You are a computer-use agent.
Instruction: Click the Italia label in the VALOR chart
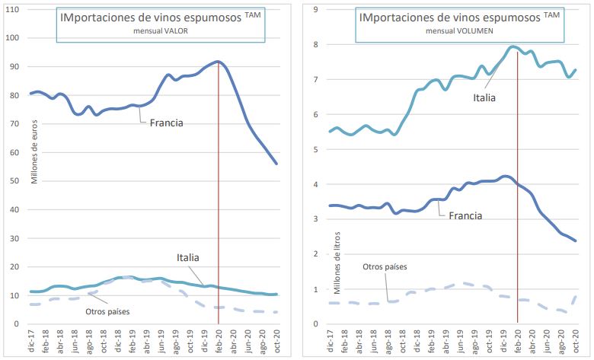(x=190, y=258)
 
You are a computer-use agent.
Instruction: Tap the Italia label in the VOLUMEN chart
(x=484, y=97)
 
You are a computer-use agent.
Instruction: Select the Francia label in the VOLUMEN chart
(x=465, y=215)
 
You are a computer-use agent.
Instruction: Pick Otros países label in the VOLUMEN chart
(x=385, y=266)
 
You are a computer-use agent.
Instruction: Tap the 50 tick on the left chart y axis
(x=18, y=180)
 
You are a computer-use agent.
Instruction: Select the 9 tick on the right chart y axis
(x=315, y=9)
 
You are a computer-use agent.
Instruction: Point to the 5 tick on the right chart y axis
(x=315, y=149)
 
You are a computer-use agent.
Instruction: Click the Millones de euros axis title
(x=34, y=145)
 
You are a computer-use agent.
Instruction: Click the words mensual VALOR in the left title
(x=161, y=31)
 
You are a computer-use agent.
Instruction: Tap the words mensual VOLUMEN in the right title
(x=458, y=31)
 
